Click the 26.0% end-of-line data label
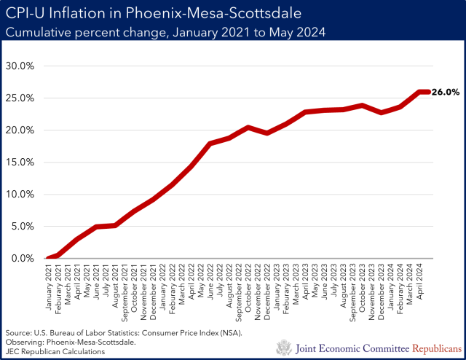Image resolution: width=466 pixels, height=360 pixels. click(445, 92)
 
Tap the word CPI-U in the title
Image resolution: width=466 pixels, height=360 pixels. click(26, 15)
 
